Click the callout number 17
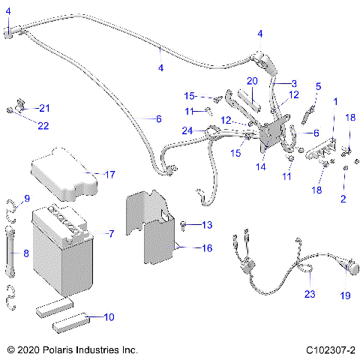[x=109, y=175]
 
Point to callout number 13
[x=207, y=225]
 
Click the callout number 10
[x=109, y=317]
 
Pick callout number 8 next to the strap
[x=25, y=253]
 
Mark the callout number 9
[x=26, y=198]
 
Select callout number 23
[x=308, y=294]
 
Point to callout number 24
[x=187, y=130]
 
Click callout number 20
[x=252, y=80]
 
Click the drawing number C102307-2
[x=330, y=349]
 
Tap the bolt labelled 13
[x=184, y=224]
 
